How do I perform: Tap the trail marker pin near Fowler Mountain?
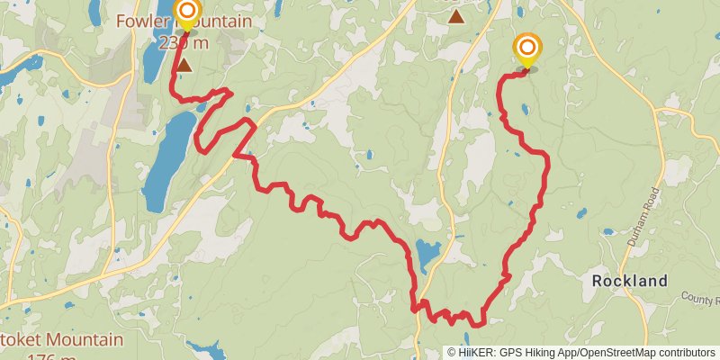tap(187, 13)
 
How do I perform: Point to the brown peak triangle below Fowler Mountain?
tap(184, 65)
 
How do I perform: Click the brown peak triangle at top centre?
tap(456, 16)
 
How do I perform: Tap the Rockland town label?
tap(630, 281)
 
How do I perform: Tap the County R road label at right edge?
tap(700, 297)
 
